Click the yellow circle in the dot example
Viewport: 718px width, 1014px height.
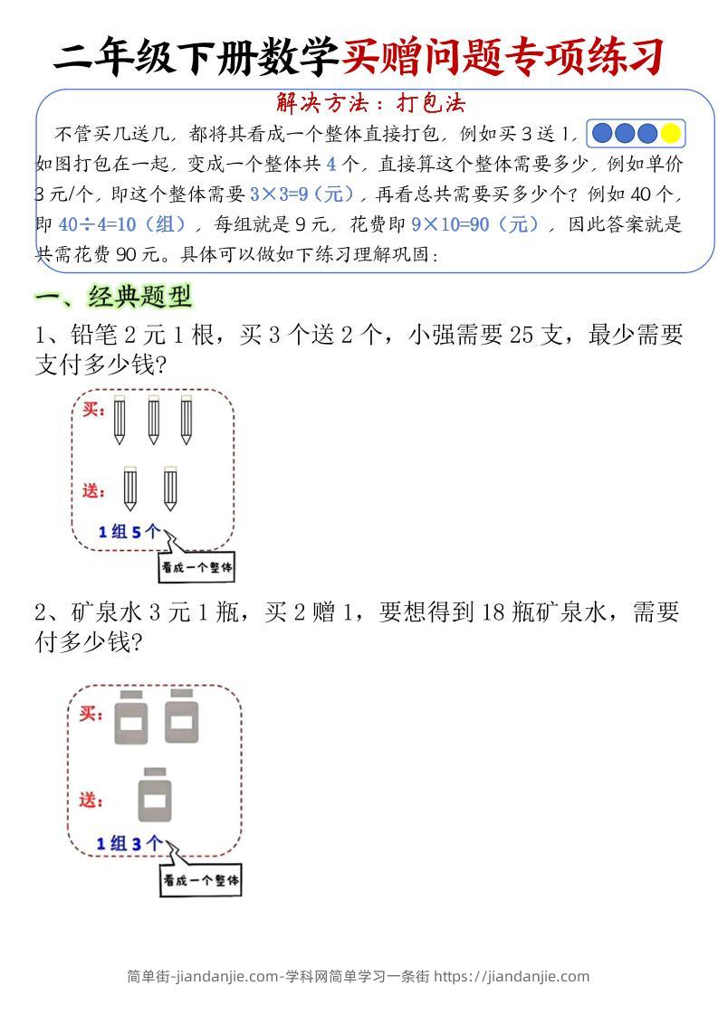pos(670,134)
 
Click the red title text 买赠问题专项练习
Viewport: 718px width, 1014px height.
pos(503,56)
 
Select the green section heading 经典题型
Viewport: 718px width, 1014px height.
pos(139,296)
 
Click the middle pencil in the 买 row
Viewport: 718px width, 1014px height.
pos(152,419)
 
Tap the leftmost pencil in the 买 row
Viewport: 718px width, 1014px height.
pos(120,419)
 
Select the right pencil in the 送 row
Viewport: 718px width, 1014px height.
pos(170,488)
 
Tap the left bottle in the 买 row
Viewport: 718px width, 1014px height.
pos(131,716)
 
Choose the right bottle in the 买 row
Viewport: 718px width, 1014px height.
pos(182,716)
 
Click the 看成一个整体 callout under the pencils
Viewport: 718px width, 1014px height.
pos(196,568)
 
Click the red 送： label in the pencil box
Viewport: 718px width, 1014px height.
pos(95,490)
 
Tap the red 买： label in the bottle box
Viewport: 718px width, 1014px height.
pos(91,715)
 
